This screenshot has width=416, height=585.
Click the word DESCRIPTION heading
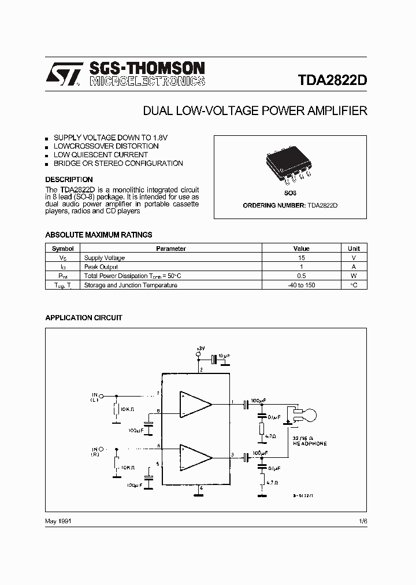pyautogui.click(x=69, y=180)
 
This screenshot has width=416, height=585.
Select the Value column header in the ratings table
pyautogui.click(x=301, y=249)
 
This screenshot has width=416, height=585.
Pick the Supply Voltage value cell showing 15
pyautogui.click(x=301, y=258)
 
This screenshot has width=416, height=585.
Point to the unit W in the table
pyautogui.click(x=354, y=276)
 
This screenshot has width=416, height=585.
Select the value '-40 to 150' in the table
pyautogui.click(x=301, y=285)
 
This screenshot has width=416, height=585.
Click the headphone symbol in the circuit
pyautogui.click(x=304, y=414)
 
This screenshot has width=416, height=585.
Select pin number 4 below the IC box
pyautogui.click(x=200, y=488)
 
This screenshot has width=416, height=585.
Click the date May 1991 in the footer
pyautogui.click(x=58, y=521)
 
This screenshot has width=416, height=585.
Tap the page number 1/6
pyautogui.click(x=362, y=521)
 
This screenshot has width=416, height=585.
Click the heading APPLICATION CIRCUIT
pyautogui.click(x=84, y=318)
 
